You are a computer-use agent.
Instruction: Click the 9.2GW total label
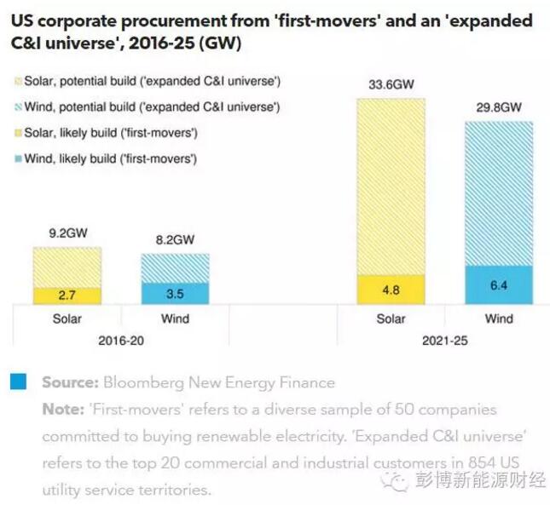[67, 232]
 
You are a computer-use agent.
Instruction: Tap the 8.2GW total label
[175, 241]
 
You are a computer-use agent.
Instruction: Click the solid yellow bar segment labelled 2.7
[67, 296]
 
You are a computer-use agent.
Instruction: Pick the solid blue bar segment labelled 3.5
[175, 293]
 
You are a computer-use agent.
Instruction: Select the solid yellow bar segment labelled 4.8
[391, 289]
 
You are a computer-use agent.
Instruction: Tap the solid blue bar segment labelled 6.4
[499, 284]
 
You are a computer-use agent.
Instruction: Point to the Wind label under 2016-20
[175, 319]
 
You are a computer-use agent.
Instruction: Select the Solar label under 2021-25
[391, 319]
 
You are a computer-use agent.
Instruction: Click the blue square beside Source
[18, 382]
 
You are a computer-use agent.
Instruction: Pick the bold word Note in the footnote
[60, 410]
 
